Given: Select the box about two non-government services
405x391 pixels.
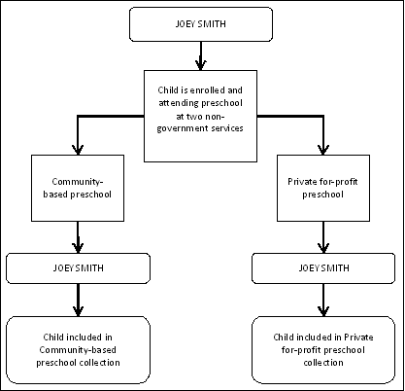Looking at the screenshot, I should point(203,115).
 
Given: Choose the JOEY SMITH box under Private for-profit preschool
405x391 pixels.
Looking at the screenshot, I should point(323,266).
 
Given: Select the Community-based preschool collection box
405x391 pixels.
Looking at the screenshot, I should point(78,347).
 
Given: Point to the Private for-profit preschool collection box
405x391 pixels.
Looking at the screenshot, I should point(323,347).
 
